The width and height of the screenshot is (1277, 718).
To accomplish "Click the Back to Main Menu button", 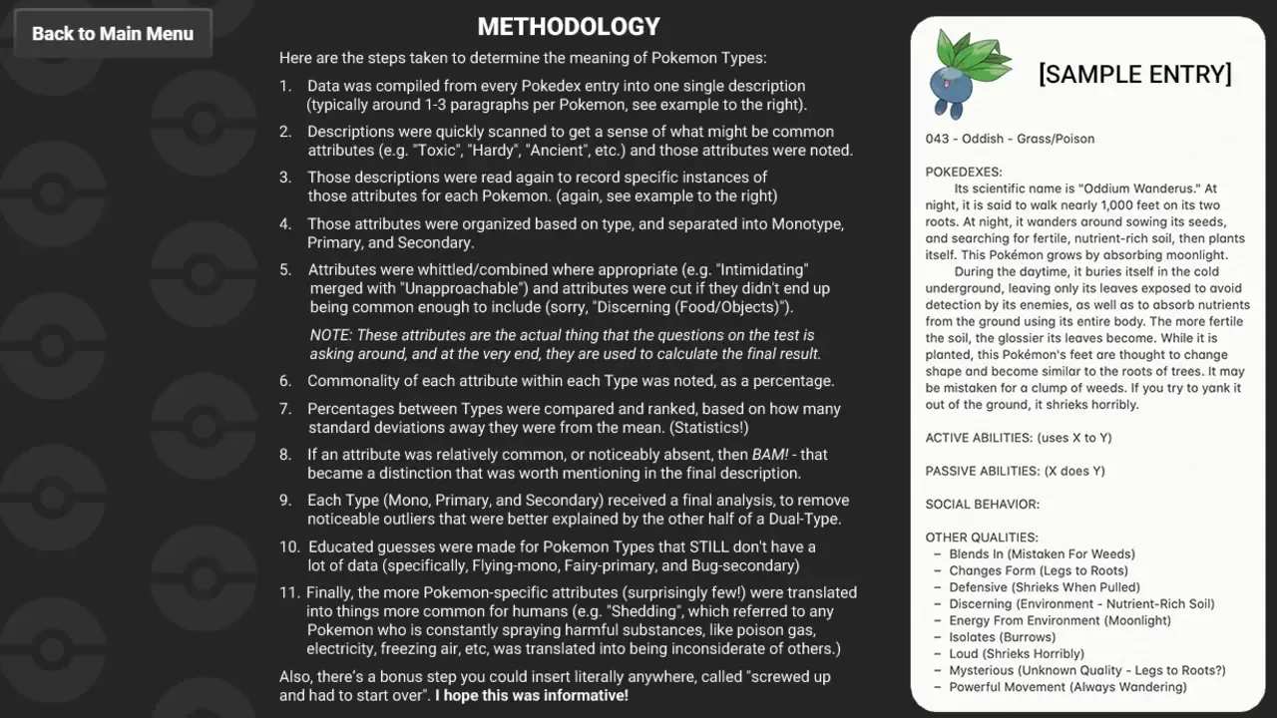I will click(113, 34).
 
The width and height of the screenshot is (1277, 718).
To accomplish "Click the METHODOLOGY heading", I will click(569, 27).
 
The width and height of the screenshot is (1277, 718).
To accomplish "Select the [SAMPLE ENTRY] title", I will click(1134, 75).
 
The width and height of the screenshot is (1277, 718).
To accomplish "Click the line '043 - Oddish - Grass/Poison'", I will click(1010, 139).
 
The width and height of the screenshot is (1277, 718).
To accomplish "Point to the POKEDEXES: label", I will click(964, 172).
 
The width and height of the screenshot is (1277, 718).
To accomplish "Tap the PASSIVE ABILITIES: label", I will click(986, 471).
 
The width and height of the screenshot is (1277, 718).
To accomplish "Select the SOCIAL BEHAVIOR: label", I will click(982, 505).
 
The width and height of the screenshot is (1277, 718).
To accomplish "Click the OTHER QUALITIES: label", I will click(982, 538).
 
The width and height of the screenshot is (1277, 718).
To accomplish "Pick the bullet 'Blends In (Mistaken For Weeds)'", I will click(1042, 554).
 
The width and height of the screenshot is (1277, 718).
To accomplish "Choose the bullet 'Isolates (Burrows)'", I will click(1002, 637).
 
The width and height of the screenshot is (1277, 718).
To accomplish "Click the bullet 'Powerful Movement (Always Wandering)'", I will click(1067, 687).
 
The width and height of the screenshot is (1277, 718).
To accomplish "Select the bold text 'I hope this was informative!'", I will click(532, 695).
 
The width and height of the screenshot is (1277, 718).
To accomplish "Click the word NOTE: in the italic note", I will click(330, 335).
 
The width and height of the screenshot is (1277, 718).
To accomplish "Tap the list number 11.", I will click(289, 592).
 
